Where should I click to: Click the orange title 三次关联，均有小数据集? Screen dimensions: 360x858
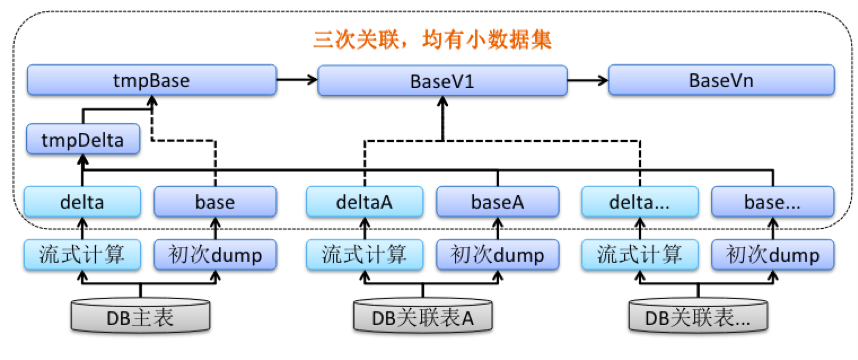click(433, 40)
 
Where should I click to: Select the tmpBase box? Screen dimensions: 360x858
click(151, 80)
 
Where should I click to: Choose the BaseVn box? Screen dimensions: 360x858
click(721, 80)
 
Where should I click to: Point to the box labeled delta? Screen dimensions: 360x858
click(83, 202)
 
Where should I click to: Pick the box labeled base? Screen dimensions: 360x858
click(215, 202)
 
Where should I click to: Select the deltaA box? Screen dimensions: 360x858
click(365, 202)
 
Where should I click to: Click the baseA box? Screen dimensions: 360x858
click(497, 202)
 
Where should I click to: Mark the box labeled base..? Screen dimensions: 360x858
click(772, 202)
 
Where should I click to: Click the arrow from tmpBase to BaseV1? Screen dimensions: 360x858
click(296, 78)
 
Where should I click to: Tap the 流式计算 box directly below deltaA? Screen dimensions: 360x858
click(365, 255)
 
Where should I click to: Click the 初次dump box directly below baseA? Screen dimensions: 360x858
click(497, 255)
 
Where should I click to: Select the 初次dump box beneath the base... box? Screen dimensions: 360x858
click(772, 255)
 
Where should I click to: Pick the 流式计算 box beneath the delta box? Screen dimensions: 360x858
click(83, 255)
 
